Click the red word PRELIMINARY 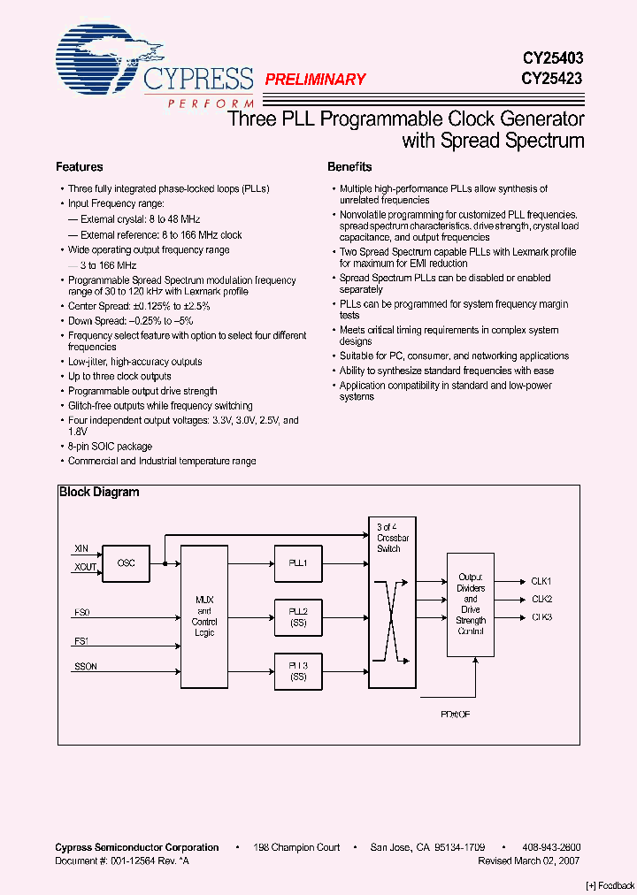[315, 80]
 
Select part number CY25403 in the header [551, 58]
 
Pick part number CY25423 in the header [551, 78]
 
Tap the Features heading [80, 167]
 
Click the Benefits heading [349, 167]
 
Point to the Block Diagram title [99, 492]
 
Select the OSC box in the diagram [126, 562]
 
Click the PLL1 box [298, 562]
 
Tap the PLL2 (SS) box [298, 616]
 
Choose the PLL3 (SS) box [298, 670]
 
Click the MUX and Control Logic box [204, 616]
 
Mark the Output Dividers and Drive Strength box [471, 604]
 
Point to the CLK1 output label [541, 581]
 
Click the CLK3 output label [541, 617]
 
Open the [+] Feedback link [610, 885]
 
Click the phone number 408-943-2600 [552, 847]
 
